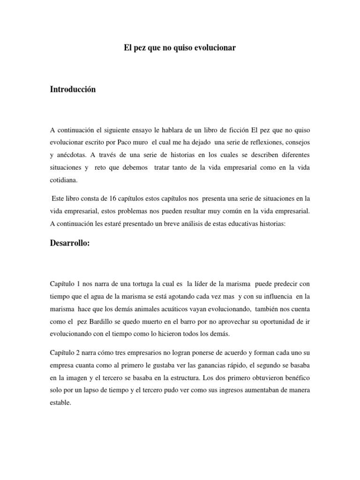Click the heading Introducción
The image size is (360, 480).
pyautogui.click(x=73, y=89)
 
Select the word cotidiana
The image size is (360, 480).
pyautogui.click(x=64, y=180)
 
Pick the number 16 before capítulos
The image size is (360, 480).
pyautogui.click(x=105, y=199)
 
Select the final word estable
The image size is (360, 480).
pyautogui.click(x=60, y=402)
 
